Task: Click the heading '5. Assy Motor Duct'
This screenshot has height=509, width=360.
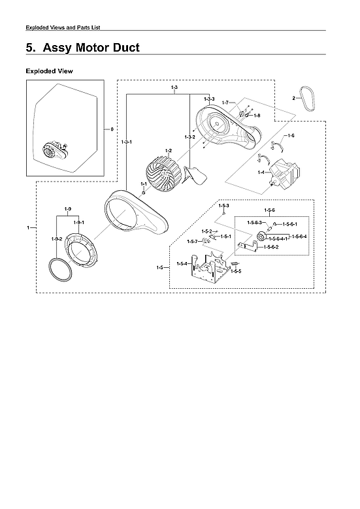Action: tap(82, 48)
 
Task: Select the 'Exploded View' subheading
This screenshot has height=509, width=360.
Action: tap(49, 71)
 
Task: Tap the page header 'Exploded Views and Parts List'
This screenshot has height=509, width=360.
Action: tap(62, 27)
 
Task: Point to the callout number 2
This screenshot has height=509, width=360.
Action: tap(293, 99)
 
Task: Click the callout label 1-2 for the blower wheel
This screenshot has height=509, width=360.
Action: tap(168, 151)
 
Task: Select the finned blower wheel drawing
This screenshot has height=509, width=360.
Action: tap(164, 173)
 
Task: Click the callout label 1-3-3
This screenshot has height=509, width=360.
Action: tap(209, 99)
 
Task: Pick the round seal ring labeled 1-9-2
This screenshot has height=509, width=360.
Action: tap(59, 268)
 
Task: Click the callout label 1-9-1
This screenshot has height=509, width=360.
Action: tap(78, 223)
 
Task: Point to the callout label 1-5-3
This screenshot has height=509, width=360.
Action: tap(223, 206)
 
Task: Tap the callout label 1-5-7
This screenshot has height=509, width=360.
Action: tap(192, 242)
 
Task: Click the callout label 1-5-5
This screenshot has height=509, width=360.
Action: tap(235, 271)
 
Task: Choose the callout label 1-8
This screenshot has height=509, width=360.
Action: tap(257, 116)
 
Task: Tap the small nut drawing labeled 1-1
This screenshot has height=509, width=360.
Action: tap(144, 194)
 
